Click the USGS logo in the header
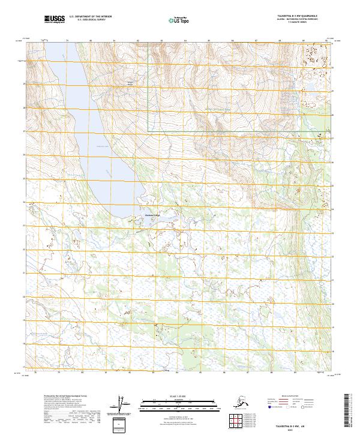pos(54,20)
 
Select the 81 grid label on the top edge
pos(114,41)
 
